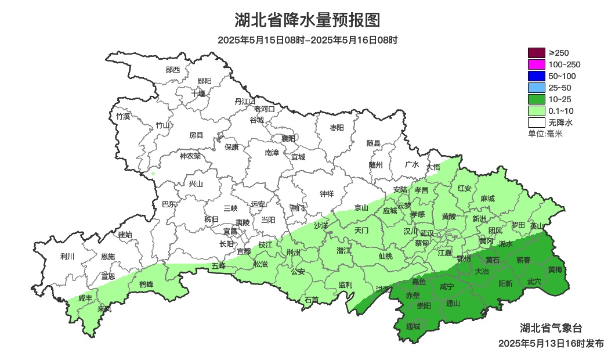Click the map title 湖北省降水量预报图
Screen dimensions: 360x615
307,20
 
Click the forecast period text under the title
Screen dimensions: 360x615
307,40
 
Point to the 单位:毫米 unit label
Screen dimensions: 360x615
545,134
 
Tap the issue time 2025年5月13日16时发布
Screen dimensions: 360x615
551,343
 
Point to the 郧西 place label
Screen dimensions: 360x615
173,70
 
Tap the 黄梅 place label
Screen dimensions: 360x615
555,269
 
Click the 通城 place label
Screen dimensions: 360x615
413,326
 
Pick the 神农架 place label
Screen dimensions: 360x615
190,156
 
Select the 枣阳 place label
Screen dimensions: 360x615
337,128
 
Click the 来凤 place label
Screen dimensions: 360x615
104,308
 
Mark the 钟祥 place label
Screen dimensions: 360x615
327,194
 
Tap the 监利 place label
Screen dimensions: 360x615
345,285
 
